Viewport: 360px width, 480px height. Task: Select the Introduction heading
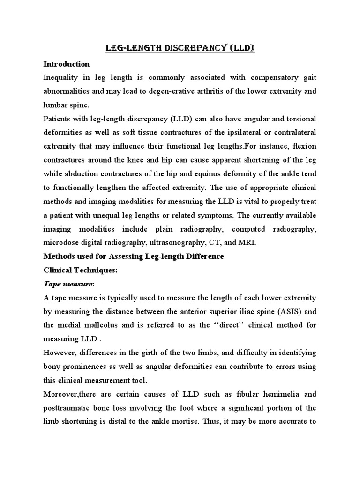point(66,64)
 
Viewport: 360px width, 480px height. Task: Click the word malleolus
point(105,326)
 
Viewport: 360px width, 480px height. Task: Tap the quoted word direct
point(218,326)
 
